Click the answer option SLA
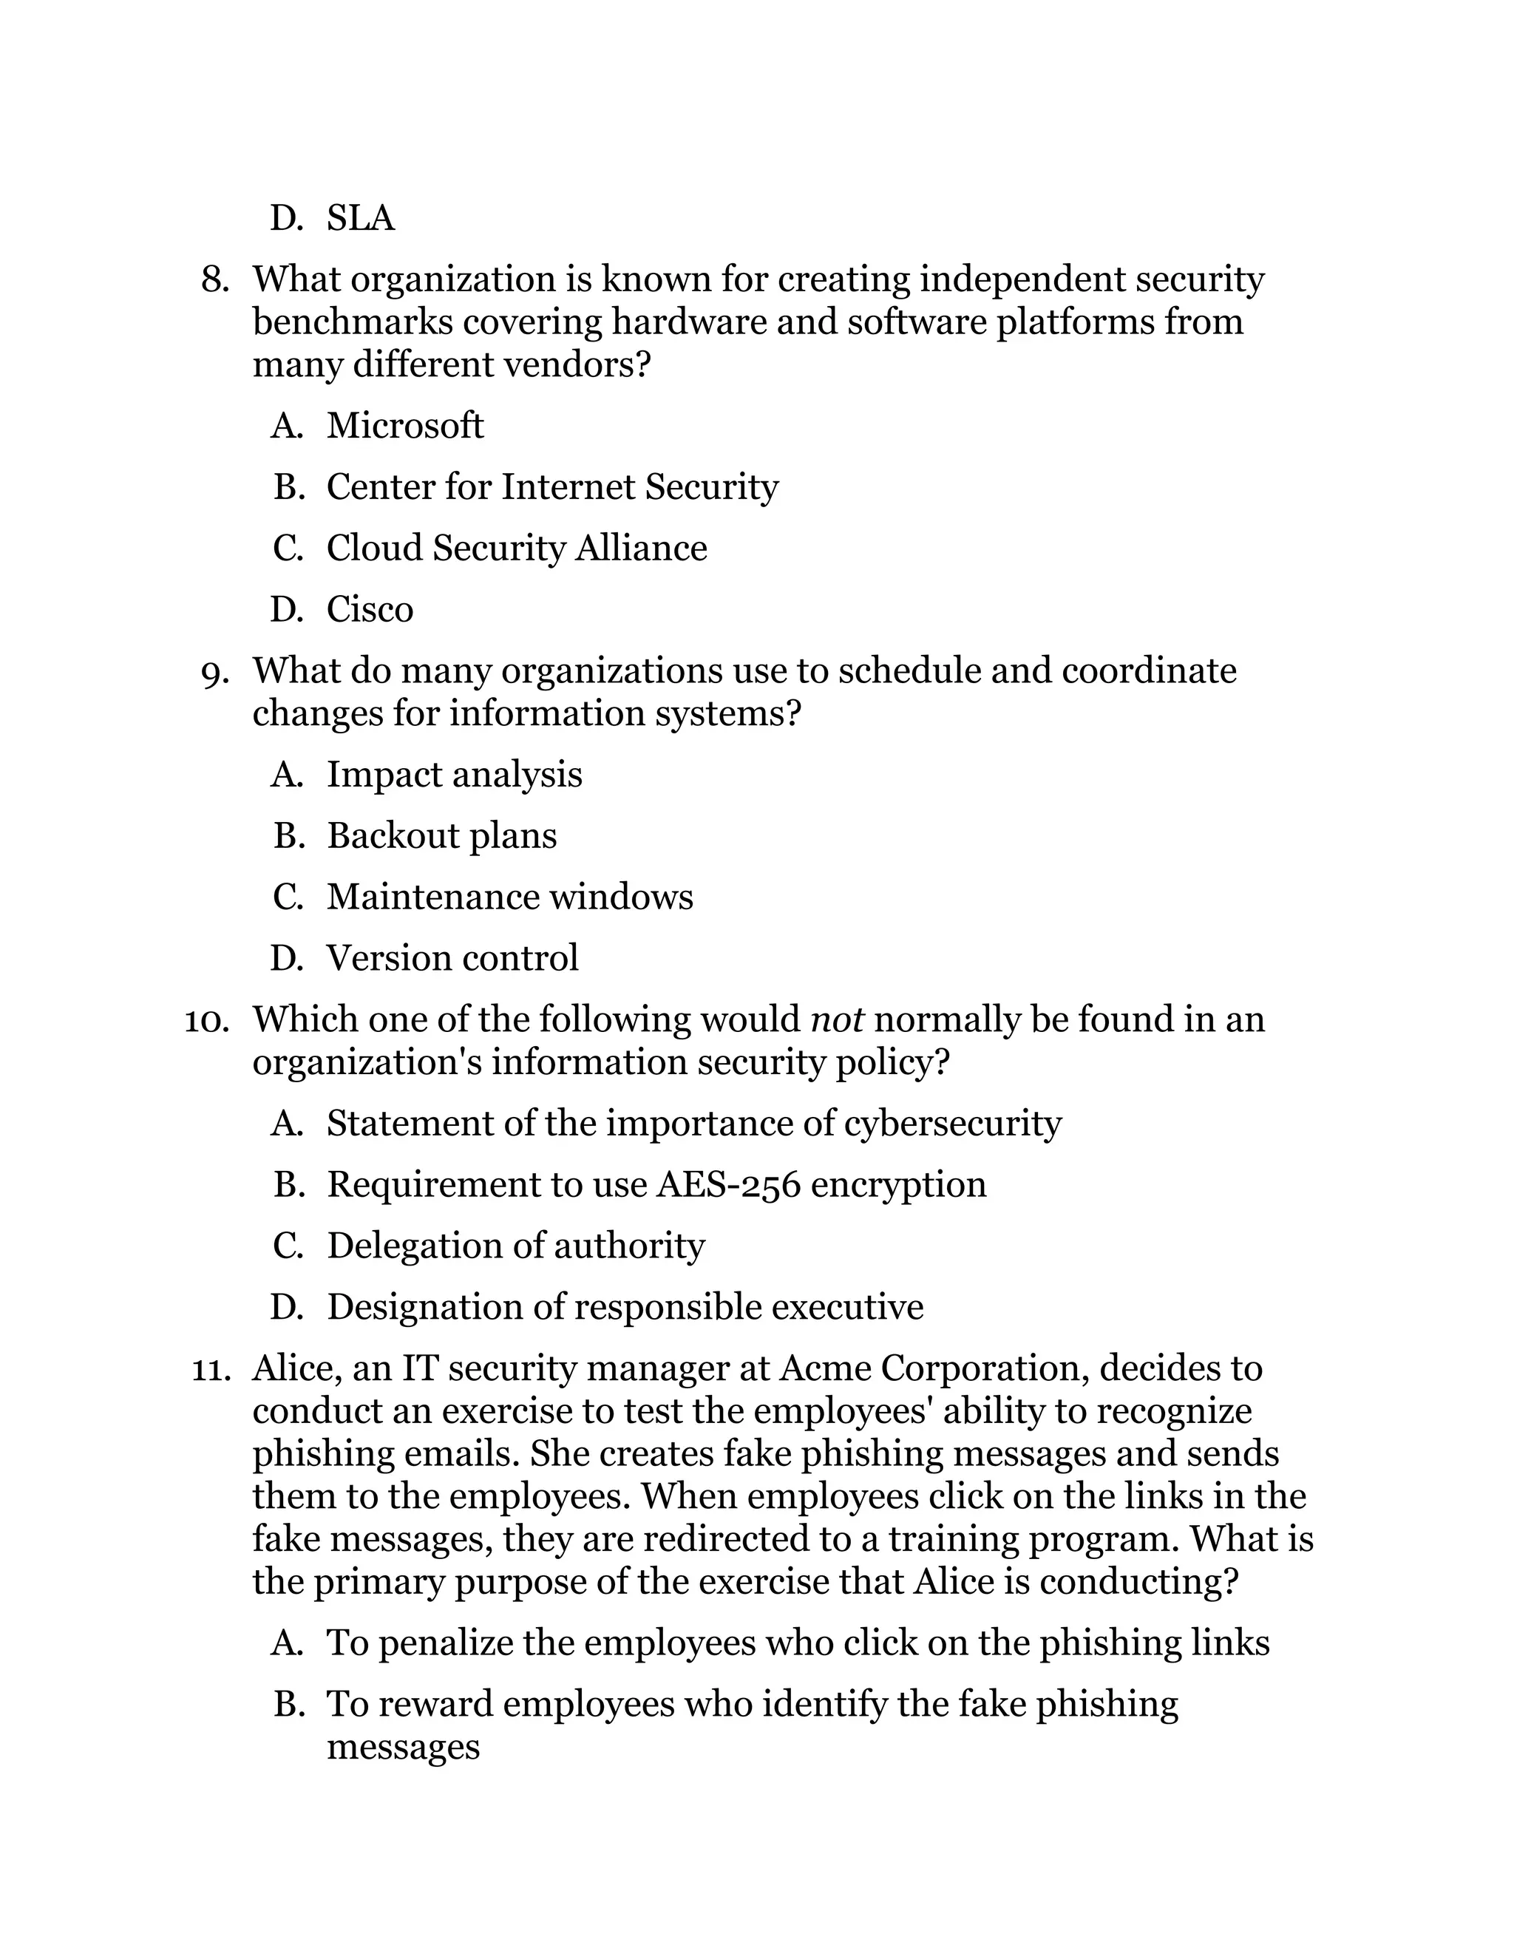point(360,218)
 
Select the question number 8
point(214,280)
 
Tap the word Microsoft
point(404,425)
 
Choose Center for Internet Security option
point(551,487)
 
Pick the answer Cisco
point(370,610)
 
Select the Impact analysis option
point(454,775)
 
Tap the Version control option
point(452,958)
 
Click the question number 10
point(206,1021)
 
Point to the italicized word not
point(836,1020)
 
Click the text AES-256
point(728,1185)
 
